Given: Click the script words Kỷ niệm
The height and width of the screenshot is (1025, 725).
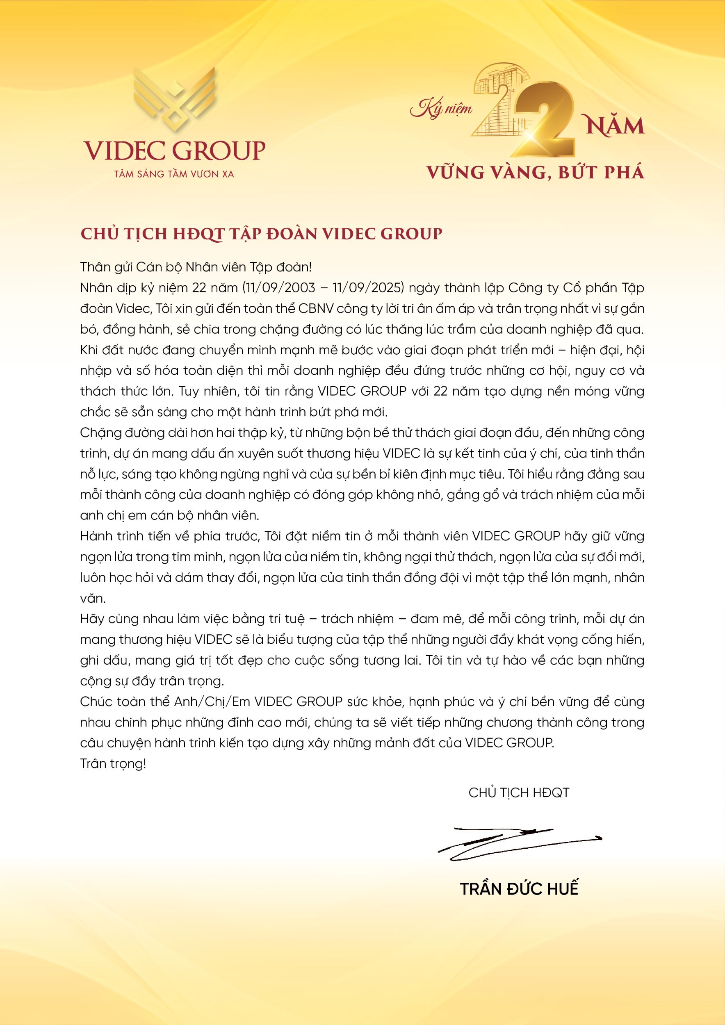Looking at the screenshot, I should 441,108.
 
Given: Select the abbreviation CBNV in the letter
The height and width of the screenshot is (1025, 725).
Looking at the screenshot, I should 316,308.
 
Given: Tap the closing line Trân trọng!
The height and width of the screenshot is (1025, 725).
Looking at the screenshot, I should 113,764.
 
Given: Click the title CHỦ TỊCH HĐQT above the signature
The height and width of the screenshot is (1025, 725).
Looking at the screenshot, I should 519,793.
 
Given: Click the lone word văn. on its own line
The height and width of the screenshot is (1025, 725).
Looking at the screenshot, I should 93,598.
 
